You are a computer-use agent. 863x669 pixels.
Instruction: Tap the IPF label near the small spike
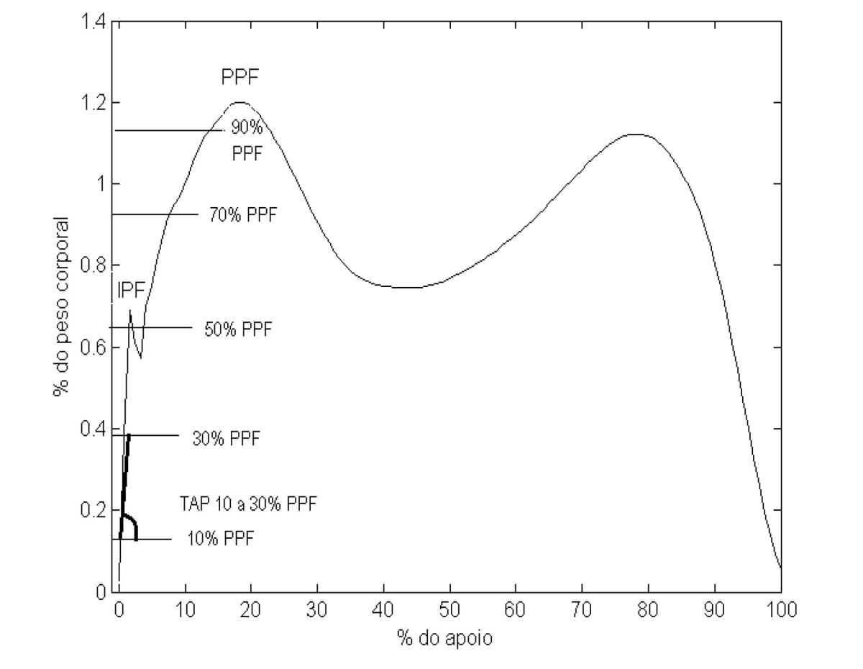[132, 289]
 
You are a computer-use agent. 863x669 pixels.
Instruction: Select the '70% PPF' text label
[242, 215]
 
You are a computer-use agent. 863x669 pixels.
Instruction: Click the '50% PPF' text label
[238, 329]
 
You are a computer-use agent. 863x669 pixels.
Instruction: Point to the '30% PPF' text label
[226, 438]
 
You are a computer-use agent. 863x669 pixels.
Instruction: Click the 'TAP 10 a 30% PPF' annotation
[248, 504]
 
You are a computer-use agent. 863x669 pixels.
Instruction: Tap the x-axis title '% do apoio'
[446, 638]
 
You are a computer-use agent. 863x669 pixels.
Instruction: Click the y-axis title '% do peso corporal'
[60, 306]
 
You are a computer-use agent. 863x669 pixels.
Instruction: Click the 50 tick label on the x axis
[449, 611]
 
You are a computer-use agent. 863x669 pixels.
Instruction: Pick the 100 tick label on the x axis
[780, 611]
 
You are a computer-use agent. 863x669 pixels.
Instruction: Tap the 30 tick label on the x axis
[317, 611]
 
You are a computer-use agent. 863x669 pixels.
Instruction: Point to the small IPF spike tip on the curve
[130, 311]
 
